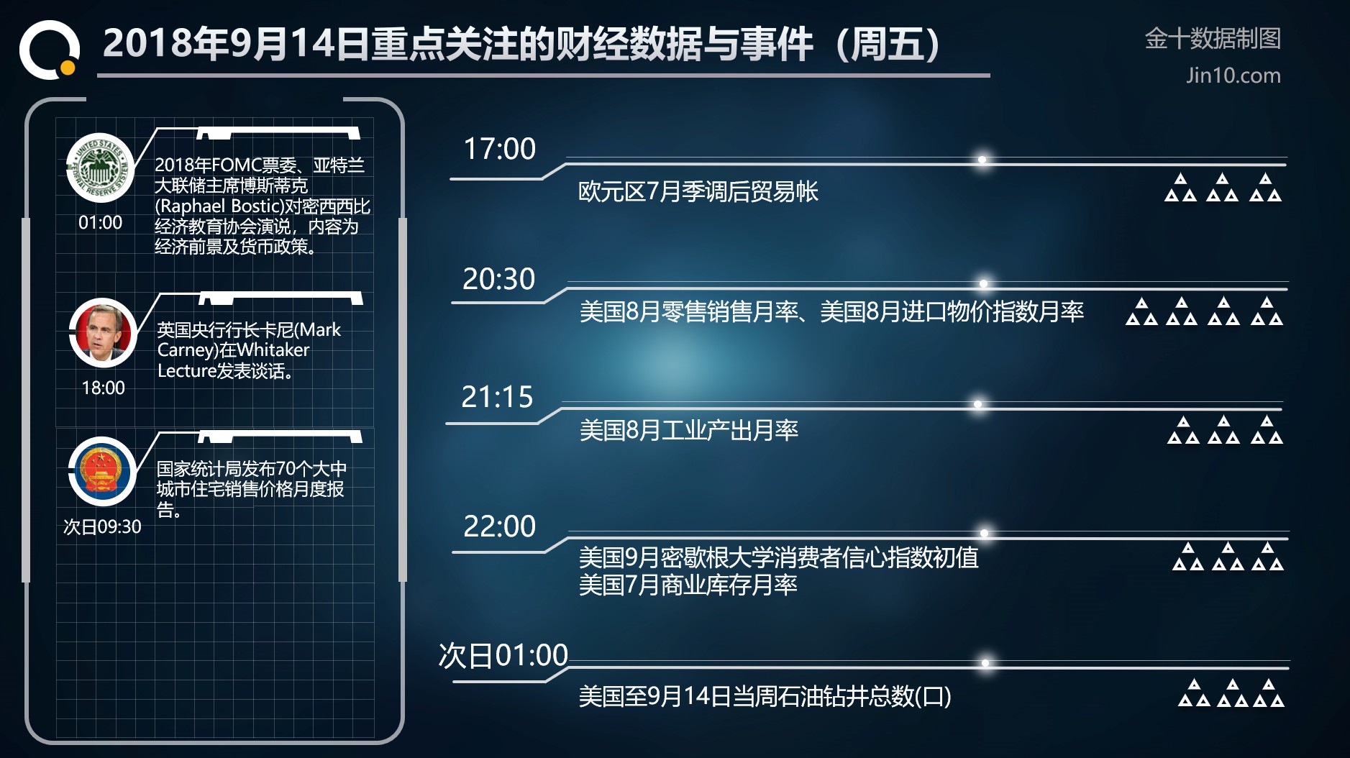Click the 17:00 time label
click(x=499, y=149)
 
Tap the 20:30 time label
click(x=499, y=279)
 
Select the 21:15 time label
click(x=497, y=397)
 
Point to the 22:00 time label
click(x=500, y=526)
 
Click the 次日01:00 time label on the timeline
click(x=503, y=656)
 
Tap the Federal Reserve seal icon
click(x=100, y=168)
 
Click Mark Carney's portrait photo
click(x=103, y=332)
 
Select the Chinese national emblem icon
click(x=102, y=471)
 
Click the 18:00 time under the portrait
click(x=104, y=388)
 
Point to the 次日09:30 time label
click(x=102, y=527)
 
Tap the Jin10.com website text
click(x=1233, y=76)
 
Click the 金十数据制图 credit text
click(x=1213, y=39)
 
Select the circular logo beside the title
click(x=49, y=50)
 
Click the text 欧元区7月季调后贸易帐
click(x=698, y=192)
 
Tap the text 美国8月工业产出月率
click(x=689, y=431)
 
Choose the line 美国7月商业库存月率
click(x=688, y=585)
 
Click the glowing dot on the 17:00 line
click(x=982, y=160)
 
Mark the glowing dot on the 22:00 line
click(x=984, y=534)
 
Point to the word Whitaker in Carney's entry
click(x=273, y=350)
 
